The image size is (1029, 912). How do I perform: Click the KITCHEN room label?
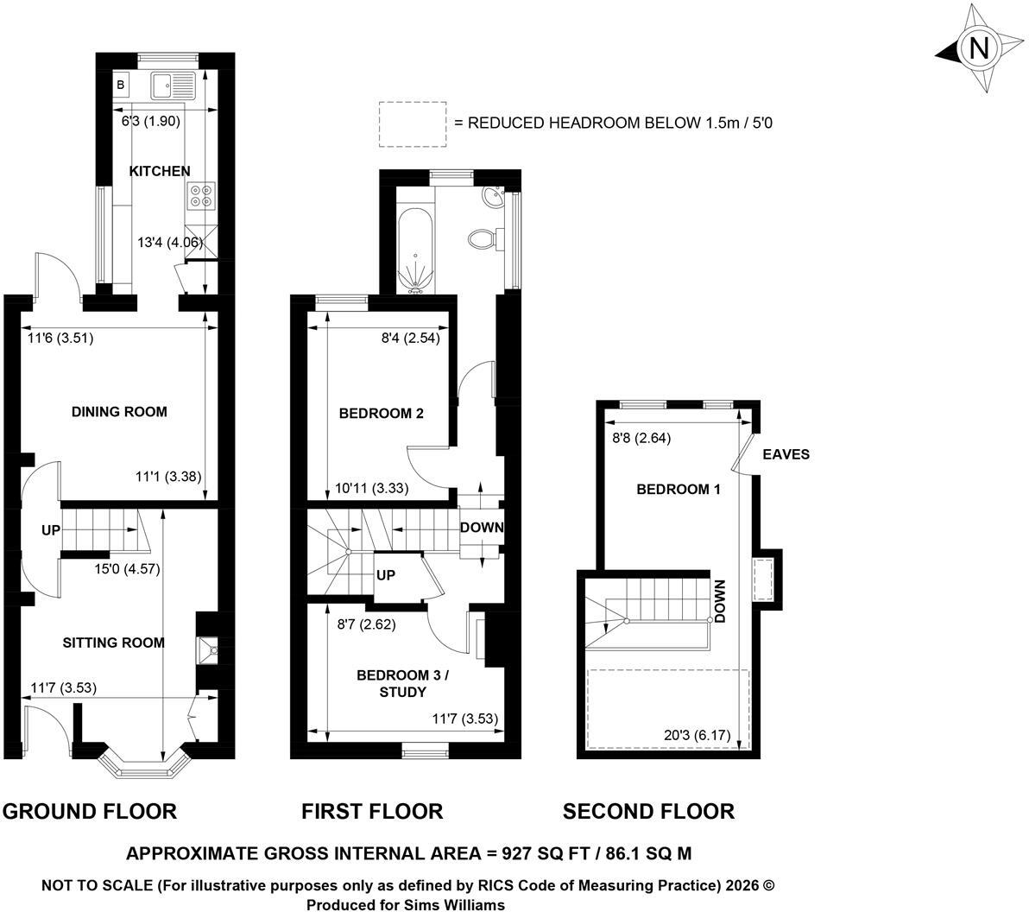coord(160,171)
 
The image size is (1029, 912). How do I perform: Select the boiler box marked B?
coord(121,85)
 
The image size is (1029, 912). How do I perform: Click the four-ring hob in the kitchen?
coord(201,196)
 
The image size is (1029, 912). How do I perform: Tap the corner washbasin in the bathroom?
coord(494,196)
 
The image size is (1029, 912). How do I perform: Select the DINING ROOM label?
coord(119,412)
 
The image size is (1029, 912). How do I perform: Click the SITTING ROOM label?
coord(114,643)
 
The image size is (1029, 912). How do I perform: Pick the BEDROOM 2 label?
coord(382,414)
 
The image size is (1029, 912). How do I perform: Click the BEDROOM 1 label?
coord(679,489)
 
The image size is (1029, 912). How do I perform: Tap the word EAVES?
coord(786,454)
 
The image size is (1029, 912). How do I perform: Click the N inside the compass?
coord(978,47)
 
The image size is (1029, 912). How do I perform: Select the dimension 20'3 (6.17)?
coord(697,735)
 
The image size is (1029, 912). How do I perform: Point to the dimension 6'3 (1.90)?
coord(151,122)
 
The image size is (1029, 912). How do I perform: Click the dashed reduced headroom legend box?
coord(413,124)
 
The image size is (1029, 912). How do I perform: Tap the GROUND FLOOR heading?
coord(90,812)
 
